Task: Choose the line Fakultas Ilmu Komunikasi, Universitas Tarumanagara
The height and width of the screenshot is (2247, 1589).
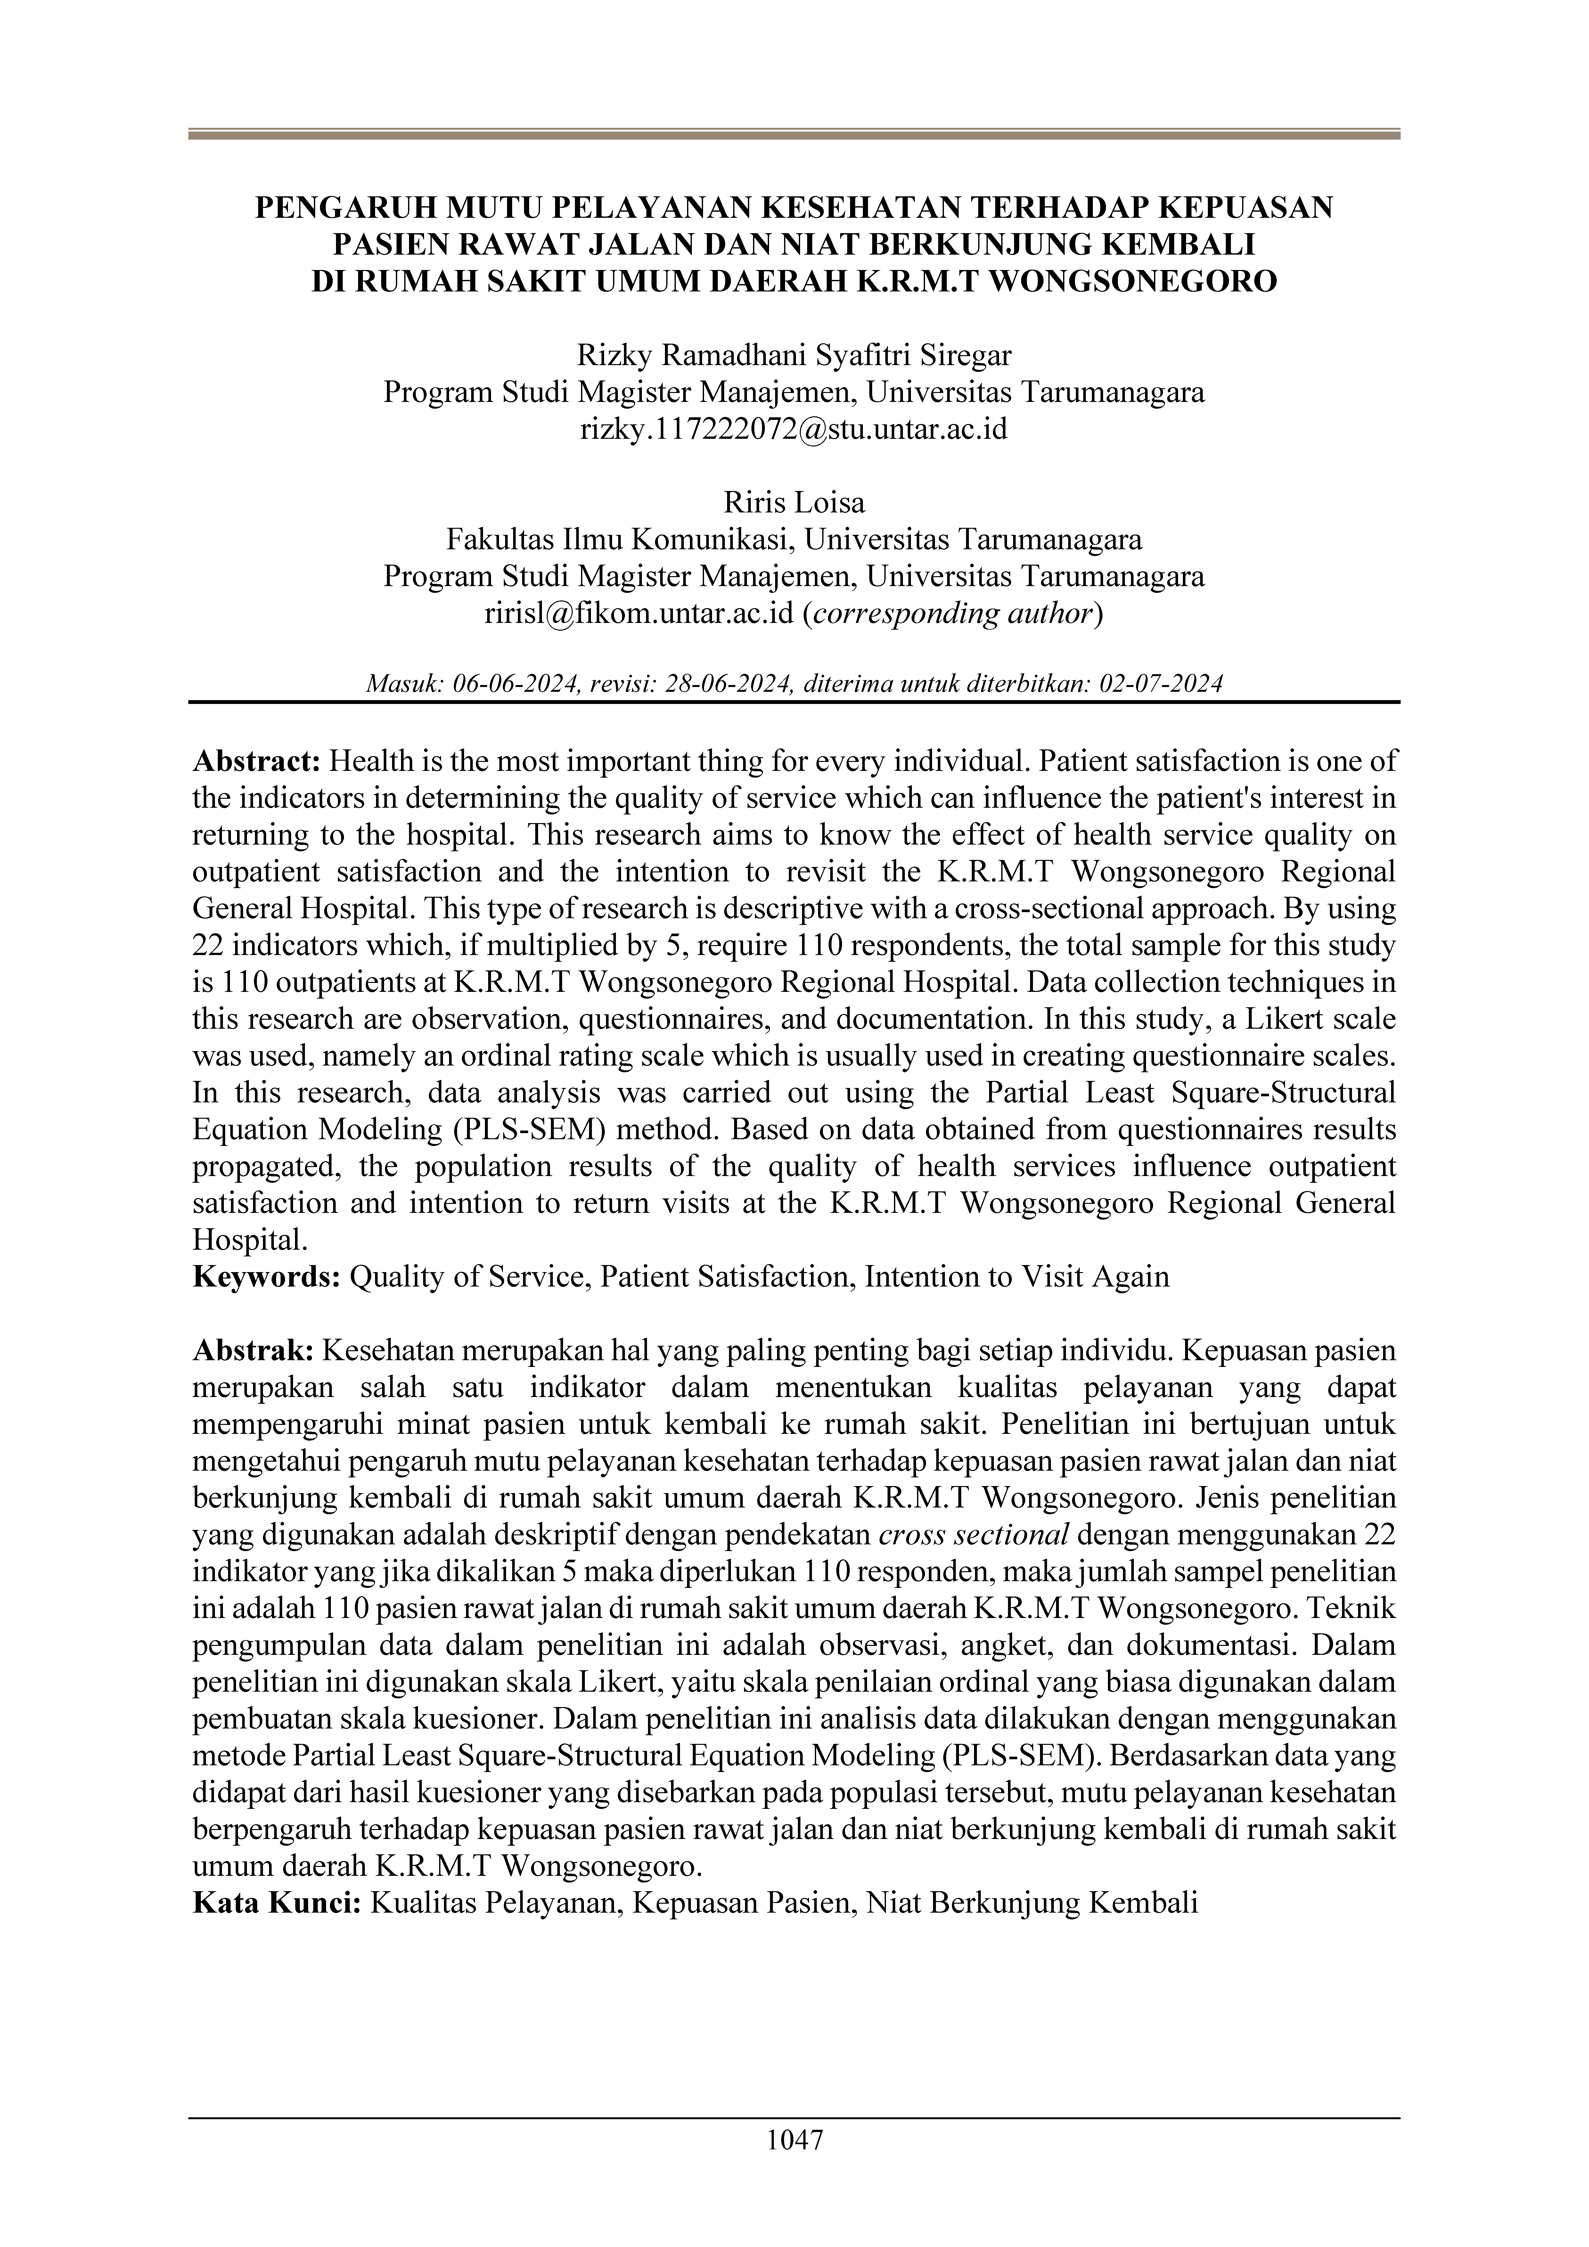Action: [794, 540]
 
